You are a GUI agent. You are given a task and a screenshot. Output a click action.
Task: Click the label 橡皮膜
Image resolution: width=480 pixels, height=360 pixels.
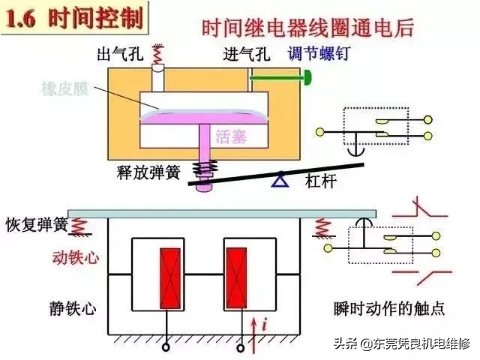pyautogui.click(x=67, y=88)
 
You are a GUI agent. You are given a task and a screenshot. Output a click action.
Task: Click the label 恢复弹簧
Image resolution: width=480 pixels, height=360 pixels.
pyautogui.click(x=35, y=223)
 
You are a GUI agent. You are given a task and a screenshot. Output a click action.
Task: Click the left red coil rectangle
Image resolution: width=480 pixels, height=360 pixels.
pyautogui.click(x=167, y=273)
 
